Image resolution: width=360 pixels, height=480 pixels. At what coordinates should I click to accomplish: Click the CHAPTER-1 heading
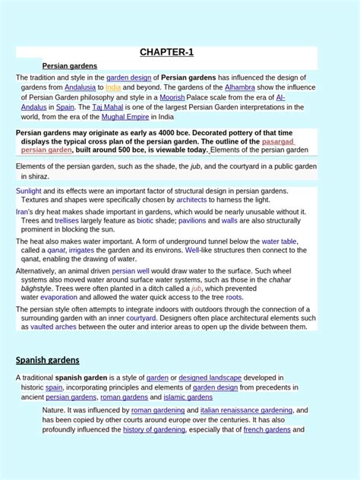pos(167,52)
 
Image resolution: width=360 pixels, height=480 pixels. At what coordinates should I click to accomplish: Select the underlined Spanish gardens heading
pos(48,359)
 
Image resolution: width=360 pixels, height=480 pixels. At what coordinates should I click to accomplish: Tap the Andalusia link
pos(81,87)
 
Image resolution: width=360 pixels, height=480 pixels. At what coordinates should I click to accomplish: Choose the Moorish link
pos(174,97)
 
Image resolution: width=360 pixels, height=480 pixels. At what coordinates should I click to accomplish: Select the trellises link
pos(67,220)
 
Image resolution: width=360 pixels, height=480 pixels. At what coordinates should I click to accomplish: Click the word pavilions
pos(192,220)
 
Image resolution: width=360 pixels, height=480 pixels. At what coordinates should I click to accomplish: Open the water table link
pos(279,241)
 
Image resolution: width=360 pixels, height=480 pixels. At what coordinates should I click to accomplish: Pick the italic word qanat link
pos(55,250)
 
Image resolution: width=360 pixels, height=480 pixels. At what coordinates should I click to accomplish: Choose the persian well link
pos(131,270)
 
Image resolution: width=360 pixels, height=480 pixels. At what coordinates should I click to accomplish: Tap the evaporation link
pos(59,298)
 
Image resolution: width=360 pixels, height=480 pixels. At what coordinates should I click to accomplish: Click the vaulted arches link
pos(52,327)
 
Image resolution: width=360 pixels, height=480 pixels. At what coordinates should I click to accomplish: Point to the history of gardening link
pos(154,430)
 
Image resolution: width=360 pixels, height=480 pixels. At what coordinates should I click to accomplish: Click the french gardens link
pos(267,430)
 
